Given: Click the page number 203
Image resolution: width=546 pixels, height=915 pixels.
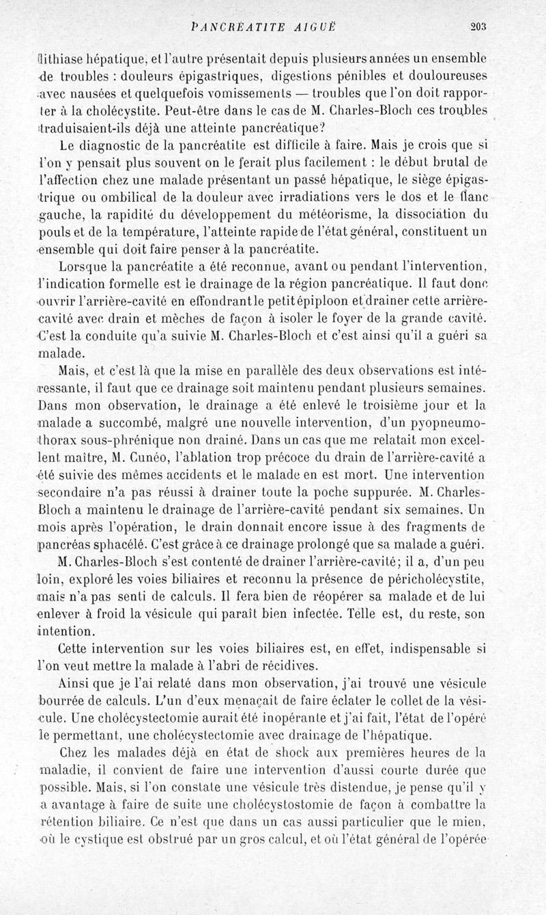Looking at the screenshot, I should point(477,27).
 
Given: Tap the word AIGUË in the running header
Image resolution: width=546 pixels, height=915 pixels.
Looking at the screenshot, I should point(311,27).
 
